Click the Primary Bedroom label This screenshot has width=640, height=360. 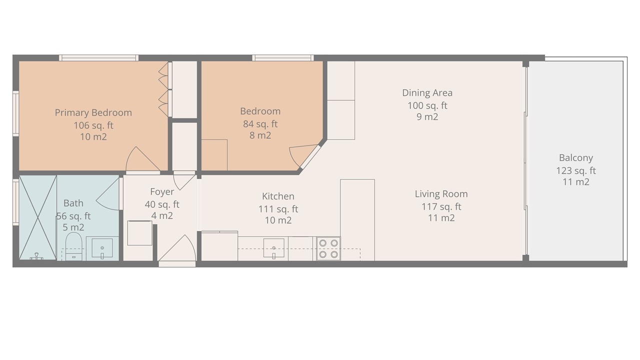pos(93,113)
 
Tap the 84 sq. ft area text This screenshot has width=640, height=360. pos(260,124)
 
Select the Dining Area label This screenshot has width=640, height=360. pos(427,93)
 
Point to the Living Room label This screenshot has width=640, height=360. pos(441,194)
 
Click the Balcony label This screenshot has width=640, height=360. pos(576,158)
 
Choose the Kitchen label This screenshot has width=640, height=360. pos(278,196)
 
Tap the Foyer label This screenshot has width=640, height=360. pos(162,191)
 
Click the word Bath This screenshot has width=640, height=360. pos(73,203)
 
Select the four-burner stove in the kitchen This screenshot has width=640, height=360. pos(328,248)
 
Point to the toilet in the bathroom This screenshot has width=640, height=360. pos(73,246)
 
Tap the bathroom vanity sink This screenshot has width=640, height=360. pos(102,248)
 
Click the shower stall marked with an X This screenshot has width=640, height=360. pos(37,217)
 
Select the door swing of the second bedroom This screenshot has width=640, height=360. pos(303,155)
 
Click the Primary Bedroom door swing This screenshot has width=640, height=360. pos(142,159)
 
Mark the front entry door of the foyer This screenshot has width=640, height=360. pos(177,248)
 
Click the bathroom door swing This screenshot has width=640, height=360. pos(107,194)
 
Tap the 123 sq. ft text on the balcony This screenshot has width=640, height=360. pos(576,171)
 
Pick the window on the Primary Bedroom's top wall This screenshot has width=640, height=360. pos(99,58)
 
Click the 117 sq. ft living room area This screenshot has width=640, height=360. pos(441,206)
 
